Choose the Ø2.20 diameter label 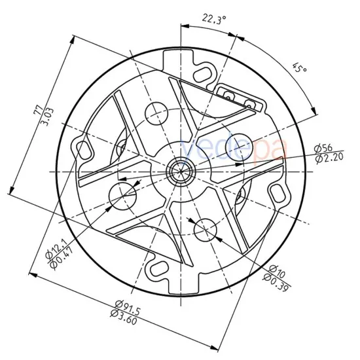(x=329, y=159)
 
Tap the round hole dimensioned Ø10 (x=206, y=228)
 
